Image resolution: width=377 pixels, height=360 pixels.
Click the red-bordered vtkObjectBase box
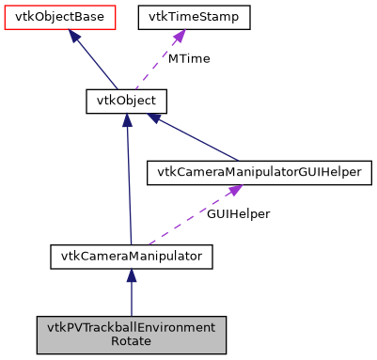click(59, 17)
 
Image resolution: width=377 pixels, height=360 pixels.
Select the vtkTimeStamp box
click(195, 17)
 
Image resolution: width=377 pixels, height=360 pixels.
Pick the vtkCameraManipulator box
click(132, 255)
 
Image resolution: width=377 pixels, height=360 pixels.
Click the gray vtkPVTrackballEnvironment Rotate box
click(132, 335)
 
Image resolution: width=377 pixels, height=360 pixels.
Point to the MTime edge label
click(189, 58)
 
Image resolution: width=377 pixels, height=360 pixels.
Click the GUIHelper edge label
click(239, 213)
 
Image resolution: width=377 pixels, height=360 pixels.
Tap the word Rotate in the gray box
click(132, 342)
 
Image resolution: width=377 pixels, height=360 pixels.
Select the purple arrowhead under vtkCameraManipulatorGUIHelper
click(229, 191)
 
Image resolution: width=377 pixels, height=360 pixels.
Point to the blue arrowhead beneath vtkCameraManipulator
click(132, 274)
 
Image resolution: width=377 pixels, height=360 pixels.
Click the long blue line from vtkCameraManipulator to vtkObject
click(129, 188)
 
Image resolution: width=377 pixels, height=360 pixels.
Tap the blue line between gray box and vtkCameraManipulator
click(132, 301)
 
